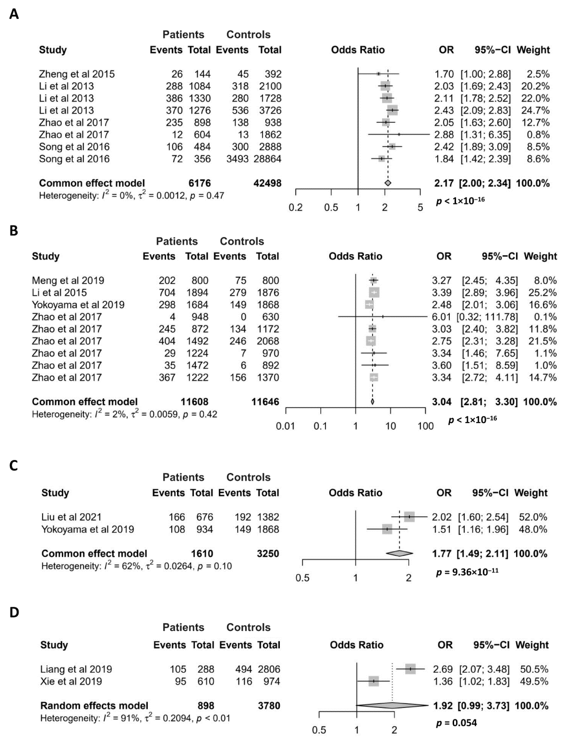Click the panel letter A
[14, 14]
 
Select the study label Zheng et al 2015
[77, 74]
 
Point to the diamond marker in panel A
[388, 183]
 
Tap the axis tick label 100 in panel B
[425, 426]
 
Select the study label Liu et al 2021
[71, 517]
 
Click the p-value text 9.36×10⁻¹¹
[467, 572]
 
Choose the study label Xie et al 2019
[71, 681]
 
